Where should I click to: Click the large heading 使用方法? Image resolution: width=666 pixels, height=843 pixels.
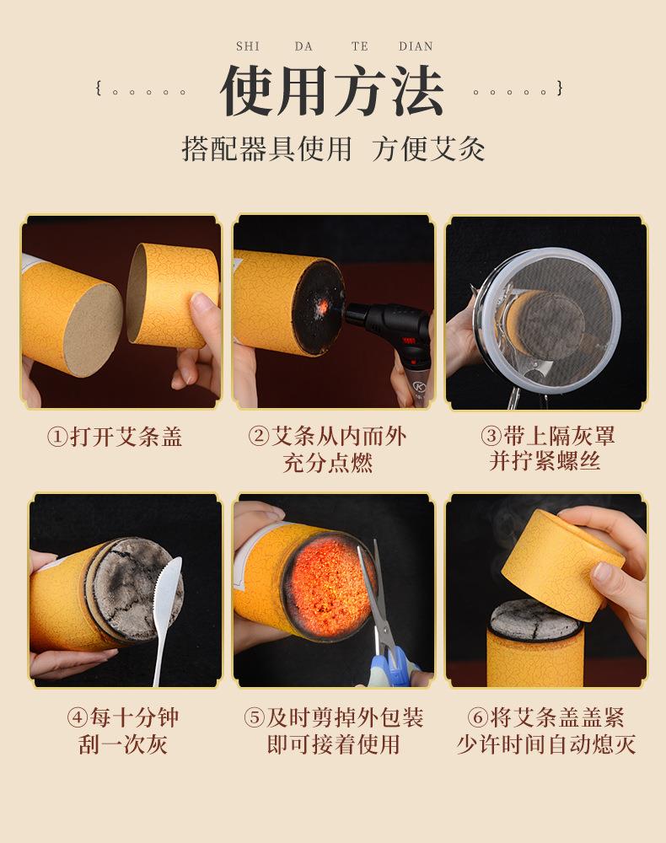pos(332,91)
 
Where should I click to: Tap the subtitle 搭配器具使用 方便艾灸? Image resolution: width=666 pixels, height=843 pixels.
pos(333,148)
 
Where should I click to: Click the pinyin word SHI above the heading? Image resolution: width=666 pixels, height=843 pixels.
pos(248,46)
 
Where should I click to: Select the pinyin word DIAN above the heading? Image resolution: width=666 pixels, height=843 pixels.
pos(416,46)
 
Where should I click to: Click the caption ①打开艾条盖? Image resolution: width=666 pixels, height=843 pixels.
pos(115,437)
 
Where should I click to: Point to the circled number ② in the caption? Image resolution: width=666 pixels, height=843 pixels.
pos(258,437)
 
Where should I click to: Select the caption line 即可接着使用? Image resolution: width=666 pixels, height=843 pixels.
pos(333,744)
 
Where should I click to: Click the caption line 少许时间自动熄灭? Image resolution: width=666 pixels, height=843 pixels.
pos(545,744)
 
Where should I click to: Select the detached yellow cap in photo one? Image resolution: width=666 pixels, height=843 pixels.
pos(173,295)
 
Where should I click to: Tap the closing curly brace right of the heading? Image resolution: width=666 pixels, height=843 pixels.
pos(560,88)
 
